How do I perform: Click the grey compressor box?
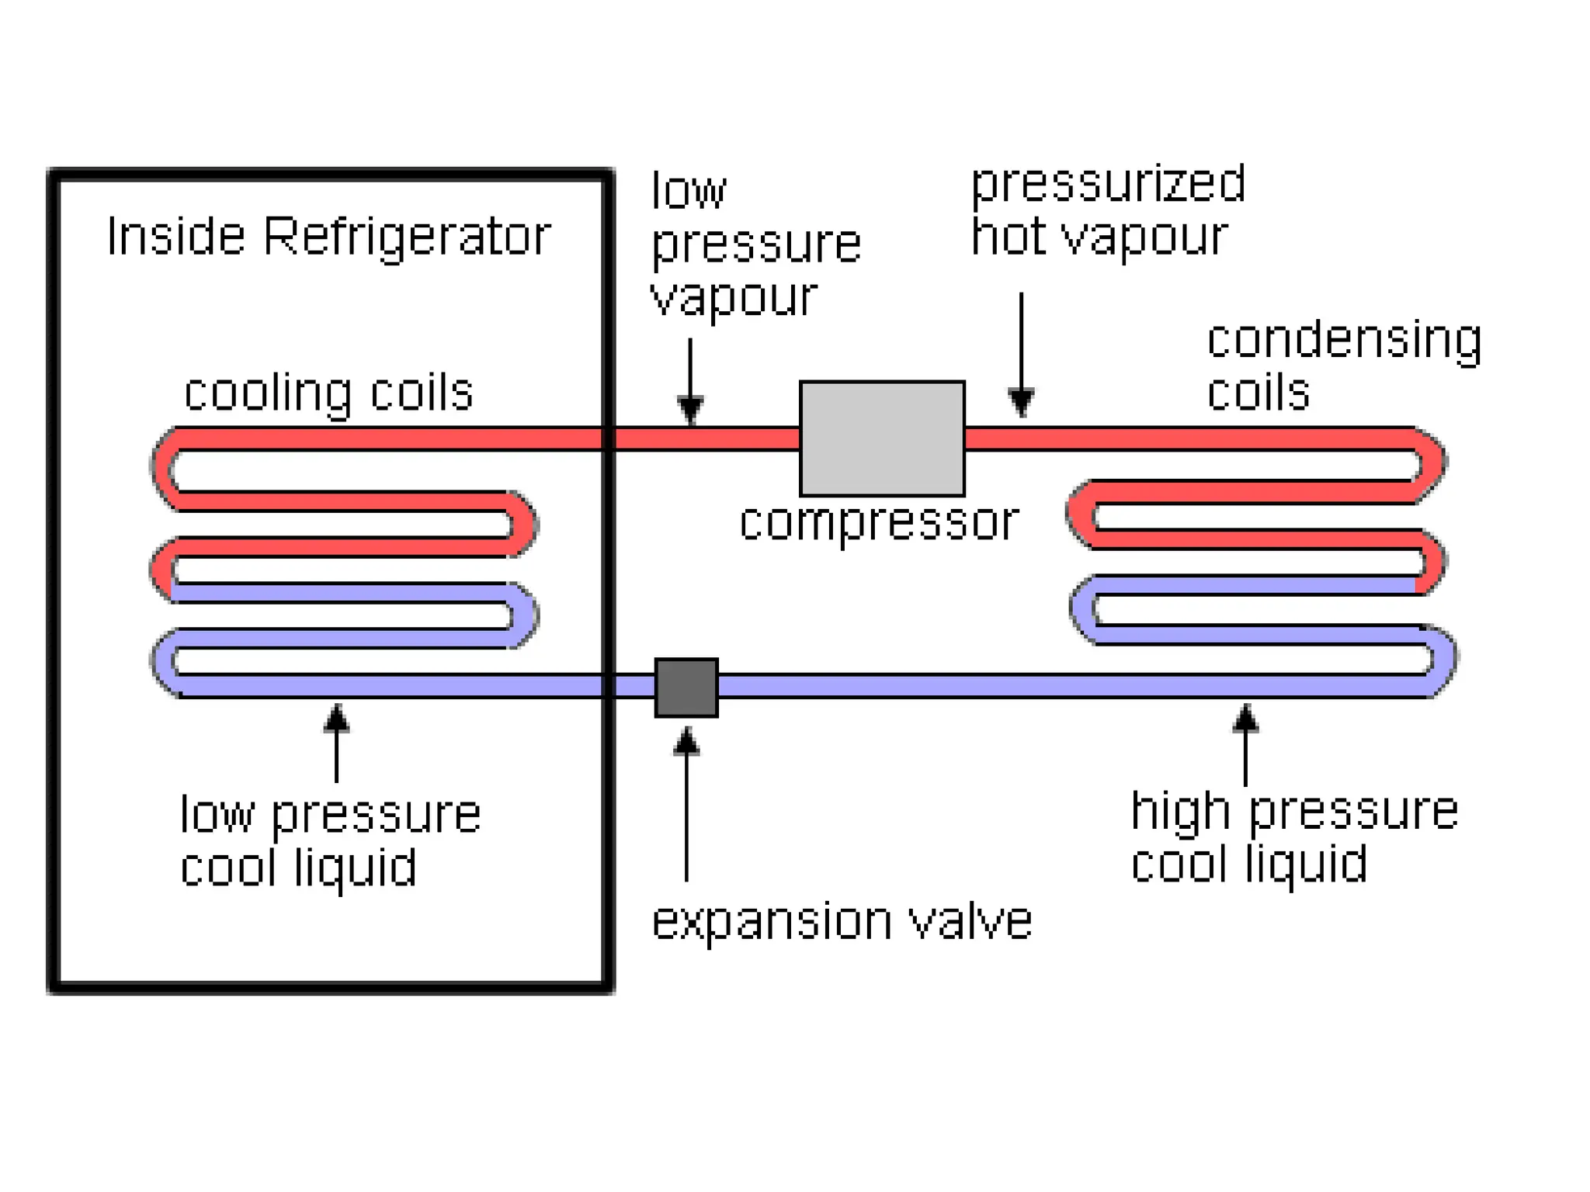(882, 438)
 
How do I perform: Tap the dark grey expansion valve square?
(686, 688)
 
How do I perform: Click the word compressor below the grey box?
(878, 522)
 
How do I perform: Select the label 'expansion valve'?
(842, 922)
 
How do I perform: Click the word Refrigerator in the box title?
(407, 236)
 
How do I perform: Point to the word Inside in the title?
(176, 236)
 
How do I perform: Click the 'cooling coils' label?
(328, 393)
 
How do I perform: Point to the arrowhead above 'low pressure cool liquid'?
(336, 718)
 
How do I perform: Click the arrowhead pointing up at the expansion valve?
(686, 742)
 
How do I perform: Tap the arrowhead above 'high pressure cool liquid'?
(1245, 718)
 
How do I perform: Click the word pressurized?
(1108, 185)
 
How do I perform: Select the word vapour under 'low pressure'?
(734, 296)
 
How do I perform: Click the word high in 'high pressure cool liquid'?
(1180, 812)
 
